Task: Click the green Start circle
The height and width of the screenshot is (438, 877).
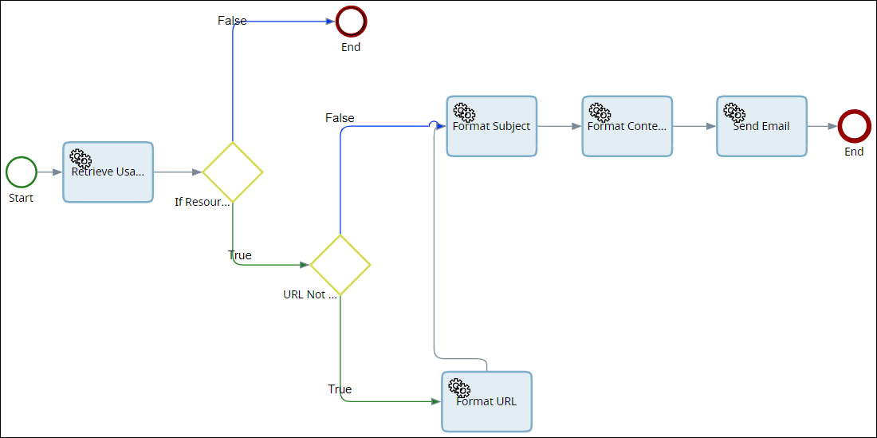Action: click(22, 172)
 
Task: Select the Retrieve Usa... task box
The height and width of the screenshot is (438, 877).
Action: click(108, 172)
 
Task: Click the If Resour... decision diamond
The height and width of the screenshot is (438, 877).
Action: click(232, 172)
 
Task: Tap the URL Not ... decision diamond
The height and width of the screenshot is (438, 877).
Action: click(340, 265)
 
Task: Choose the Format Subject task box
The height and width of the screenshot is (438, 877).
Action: click(491, 126)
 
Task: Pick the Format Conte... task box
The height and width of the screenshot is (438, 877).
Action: click(627, 126)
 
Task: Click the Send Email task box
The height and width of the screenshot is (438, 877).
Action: click(761, 126)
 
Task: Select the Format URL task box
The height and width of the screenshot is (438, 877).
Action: click(486, 401)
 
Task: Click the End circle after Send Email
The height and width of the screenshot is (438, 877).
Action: click(854, 126)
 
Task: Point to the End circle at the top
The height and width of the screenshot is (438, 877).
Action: click(351, 22)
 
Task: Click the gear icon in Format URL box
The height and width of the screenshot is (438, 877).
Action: click(459, 389)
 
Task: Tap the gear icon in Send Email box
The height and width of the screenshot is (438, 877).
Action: click(734, 112)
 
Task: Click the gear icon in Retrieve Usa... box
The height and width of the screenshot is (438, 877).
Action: click(81, 159)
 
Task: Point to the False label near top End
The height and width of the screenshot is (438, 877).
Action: click(232, 21)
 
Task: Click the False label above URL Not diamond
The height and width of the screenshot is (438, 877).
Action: click(340, 118)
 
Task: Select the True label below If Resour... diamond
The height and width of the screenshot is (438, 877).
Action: click(239, 255)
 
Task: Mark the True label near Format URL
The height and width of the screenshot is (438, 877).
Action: click(340, 389)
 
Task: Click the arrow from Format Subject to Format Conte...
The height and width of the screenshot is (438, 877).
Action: click(559, 126)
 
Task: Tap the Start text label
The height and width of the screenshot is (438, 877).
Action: click(22, 198)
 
